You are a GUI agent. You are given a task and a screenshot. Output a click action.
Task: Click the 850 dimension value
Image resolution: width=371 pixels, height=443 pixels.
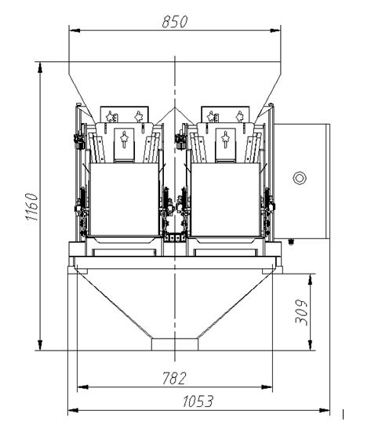pos(175,22)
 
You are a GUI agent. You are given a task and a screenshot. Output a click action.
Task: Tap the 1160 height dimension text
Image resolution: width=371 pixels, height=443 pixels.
pos(31,206)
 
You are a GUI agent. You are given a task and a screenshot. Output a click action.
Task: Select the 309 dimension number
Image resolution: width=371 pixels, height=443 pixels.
pos(301,313)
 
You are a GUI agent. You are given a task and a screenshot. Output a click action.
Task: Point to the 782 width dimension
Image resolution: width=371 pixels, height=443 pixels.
pos(174,379)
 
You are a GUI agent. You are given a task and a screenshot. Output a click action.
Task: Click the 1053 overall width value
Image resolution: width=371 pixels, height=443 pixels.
pos(198,401)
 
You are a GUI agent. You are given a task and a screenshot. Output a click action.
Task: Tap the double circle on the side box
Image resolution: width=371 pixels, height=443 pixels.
pos(300,178)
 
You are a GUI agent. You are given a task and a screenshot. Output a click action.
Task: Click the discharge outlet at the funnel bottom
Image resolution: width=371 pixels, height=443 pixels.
pos(175,344)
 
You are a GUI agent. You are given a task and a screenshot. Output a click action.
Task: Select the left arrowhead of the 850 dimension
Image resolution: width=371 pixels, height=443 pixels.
pos(75,31)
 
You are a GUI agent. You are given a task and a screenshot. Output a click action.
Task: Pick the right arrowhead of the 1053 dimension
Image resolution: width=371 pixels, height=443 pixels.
pos(325,410)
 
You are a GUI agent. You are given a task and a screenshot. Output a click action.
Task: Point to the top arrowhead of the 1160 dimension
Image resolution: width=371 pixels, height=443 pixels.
pos(40,67)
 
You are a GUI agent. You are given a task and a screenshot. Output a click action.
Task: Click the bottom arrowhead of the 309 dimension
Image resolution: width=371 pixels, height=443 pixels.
pos(311,345)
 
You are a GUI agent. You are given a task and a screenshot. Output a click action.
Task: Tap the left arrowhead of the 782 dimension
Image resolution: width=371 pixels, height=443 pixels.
pos(82,387)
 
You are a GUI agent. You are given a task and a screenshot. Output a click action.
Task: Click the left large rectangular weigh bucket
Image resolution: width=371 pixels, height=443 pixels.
pos(124,199)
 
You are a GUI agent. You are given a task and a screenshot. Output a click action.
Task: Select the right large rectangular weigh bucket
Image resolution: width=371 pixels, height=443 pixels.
pos(225,199)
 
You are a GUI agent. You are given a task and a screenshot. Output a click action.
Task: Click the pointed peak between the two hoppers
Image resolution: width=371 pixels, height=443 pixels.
pos(175,108)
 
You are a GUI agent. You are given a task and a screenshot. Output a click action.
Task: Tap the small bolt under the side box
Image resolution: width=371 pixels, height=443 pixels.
pos(290,241)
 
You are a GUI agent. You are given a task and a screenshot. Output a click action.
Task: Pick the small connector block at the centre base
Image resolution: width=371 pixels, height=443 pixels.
pos(175,237)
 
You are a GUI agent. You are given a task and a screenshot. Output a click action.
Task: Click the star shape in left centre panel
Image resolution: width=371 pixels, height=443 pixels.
pos(124,139)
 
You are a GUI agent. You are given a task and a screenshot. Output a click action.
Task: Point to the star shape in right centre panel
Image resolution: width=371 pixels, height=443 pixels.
pos(225,139)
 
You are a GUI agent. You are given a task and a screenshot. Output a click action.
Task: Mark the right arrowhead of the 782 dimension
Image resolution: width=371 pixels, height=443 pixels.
pos(267,387)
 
